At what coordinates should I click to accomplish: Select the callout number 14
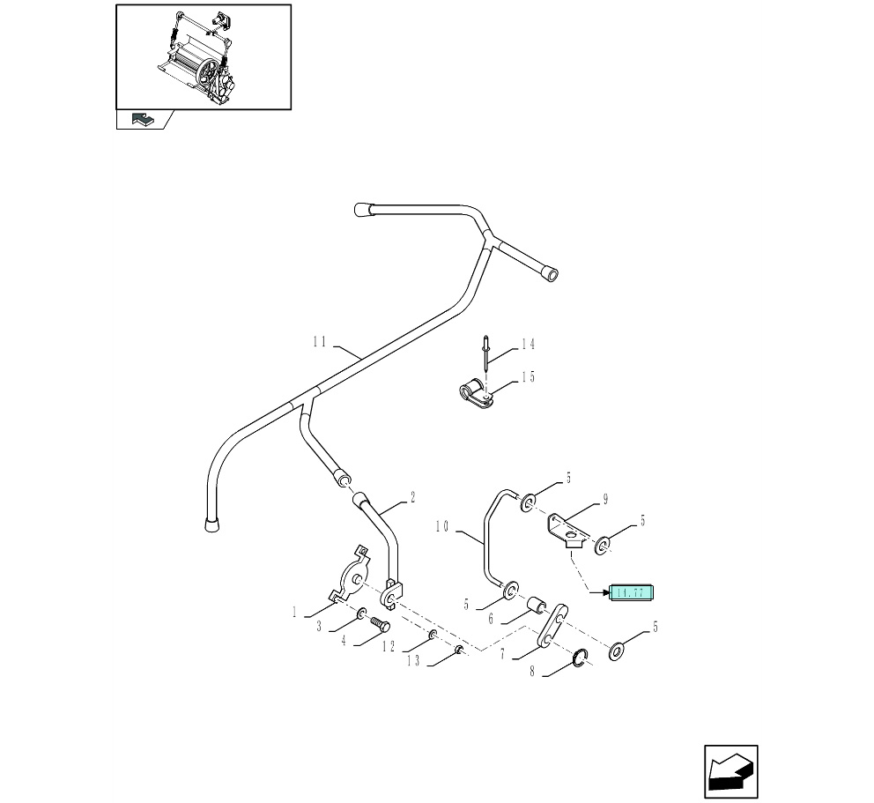[x=528, y=345]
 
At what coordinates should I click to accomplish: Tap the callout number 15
[x=528, y=377]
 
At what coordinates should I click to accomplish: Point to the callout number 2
[x=411, y=497]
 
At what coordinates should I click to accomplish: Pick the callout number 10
[x=442, y=527]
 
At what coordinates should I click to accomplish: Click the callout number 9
[x=605, y=500]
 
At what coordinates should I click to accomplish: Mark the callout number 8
[x=532, y=672]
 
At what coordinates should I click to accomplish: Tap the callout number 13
[x=414, y=660]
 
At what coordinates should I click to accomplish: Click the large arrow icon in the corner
[x=730, y=772]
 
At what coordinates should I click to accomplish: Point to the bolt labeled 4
[x=381, y=625]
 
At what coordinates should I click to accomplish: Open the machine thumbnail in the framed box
[x=204, y=57]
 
